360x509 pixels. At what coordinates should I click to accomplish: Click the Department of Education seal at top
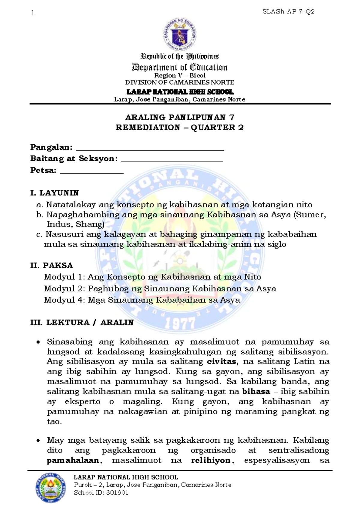pyautogui.click(x=180, y=34)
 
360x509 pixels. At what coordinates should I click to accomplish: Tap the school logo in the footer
pyautogui.click(x=50, y=488)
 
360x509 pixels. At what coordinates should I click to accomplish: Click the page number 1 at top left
pyautogui.click(x=33, y=13)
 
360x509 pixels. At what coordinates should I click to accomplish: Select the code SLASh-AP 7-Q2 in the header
pyautogui.click(x=288, y=12)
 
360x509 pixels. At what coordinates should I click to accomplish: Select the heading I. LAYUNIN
pyautogui.click(x=55, y=193)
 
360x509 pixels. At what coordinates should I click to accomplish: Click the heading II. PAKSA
pyautogui.click(x=52, y=265)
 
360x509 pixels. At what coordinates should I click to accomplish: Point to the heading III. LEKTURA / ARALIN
pyautogui.click(x=82, y=322)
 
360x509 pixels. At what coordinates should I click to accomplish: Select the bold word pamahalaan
pyautogui.click(x=73, y=460)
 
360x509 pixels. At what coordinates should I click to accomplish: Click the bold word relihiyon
pyautogui.click(x=211, y=460)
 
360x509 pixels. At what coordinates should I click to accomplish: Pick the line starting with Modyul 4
pyautogui.click(x=142, y=300)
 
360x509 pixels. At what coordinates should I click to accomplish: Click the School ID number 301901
pyautogui.click(x=117, y=492)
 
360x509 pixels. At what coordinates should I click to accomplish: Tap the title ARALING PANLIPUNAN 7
pyautogui.click(x=180, y=117)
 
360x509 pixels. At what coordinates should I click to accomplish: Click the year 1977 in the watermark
pyautogui.click(x=180, y=324)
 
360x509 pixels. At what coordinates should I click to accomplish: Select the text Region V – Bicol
pyautogui.click(x=180, y=75)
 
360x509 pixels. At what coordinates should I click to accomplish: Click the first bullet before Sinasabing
pyautogui.click(x=38, y=342)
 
